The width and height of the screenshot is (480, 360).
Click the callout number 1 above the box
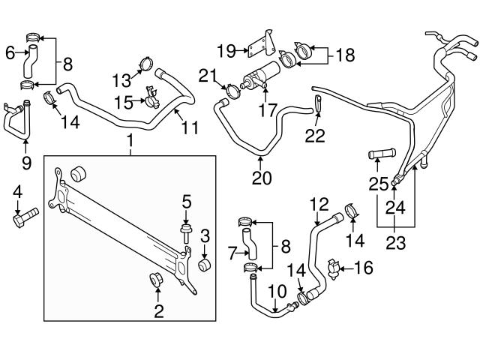pyautogui.click(x=130, y=140)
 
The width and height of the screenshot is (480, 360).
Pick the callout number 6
pyautogui.click(x=10, y=52)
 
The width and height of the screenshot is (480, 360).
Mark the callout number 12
pyautogui.click(x=319, y=203)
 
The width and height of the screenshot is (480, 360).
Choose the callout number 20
pyautogui.click(x=260, y=178)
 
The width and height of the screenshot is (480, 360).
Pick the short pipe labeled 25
pyautogui.click(x=381, y=155)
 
